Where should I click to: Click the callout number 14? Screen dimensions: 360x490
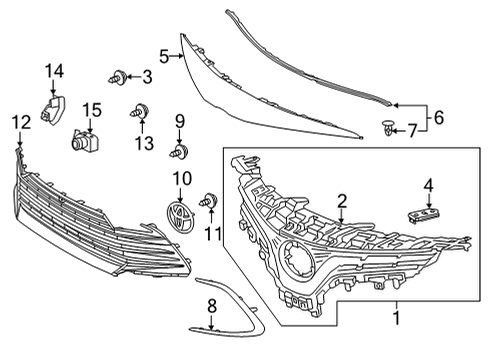tap(53, 69)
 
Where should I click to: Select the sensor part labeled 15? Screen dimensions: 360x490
tap(83, 143)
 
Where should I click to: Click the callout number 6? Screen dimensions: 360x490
tap(439, 117)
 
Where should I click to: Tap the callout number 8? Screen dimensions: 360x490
tap(211, 305)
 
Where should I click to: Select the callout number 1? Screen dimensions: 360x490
tap(398, 319)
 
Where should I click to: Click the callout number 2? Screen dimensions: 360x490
tap(342, 201)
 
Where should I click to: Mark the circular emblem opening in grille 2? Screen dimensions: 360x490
tap(297, 258)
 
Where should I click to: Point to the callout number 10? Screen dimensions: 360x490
tap(181, 178)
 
